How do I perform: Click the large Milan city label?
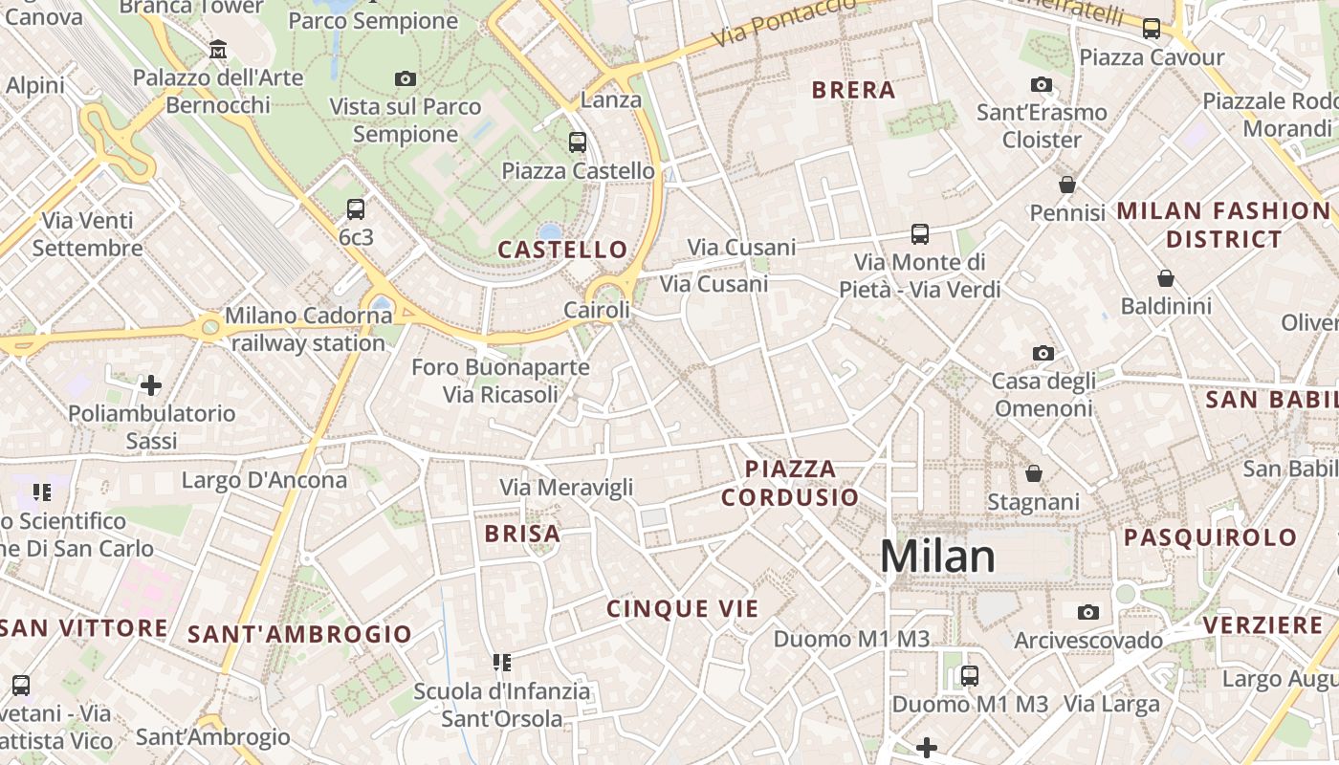(x=937, y=557)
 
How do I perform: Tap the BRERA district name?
(x=853, y=91)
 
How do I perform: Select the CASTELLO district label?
(x=562, y=251)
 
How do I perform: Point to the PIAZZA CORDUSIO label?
(x=790, y=483)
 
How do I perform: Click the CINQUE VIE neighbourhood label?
(x=683, y=609)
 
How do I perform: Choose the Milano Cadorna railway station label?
(x=306, y=329)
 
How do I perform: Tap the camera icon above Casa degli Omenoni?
(x=1043, y=354)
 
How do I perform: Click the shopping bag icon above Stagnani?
(x=1033, y=473)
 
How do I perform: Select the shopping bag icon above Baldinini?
(x=1165, y=278)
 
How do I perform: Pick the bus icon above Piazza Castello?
(x=577, y=142)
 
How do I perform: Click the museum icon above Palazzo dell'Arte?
(x=218, y=49)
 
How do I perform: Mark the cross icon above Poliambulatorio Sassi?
(x=150, y=385)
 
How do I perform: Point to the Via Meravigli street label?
(x=566, y=488)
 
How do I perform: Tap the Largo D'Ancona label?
(x=264, y=480)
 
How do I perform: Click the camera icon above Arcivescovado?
(x=1087, y=612)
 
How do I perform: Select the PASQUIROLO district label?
(x=1210, y=537)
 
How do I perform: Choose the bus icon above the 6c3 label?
(x=356, y=208)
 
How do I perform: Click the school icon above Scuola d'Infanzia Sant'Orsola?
(x=501, y=662)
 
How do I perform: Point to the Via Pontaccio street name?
(x=784, y=24)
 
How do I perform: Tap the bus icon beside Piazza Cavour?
(x=1152, y=29)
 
